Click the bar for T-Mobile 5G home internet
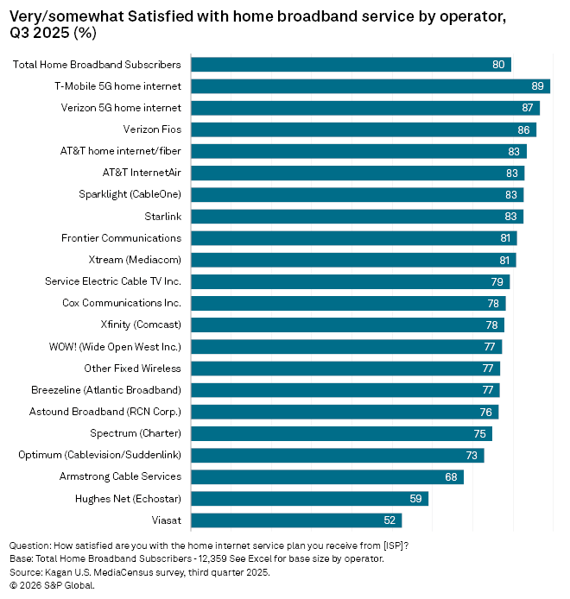click(370, 86)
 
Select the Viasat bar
click(295, 520)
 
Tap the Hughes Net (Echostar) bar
click(309, 499)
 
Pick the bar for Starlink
click(357, 217)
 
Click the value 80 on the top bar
click(498, 65)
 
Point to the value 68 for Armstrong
click(451, 477)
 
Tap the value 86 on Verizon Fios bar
click(523, 129)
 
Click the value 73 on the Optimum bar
click(472, 456)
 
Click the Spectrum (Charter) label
click(136, 433)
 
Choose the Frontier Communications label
click(121, 238)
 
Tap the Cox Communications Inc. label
click(122, 303)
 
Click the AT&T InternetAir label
click(142, 173)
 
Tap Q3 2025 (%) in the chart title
click(53, 34)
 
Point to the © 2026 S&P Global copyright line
click(52, 585)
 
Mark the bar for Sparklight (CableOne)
click(357, 195)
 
